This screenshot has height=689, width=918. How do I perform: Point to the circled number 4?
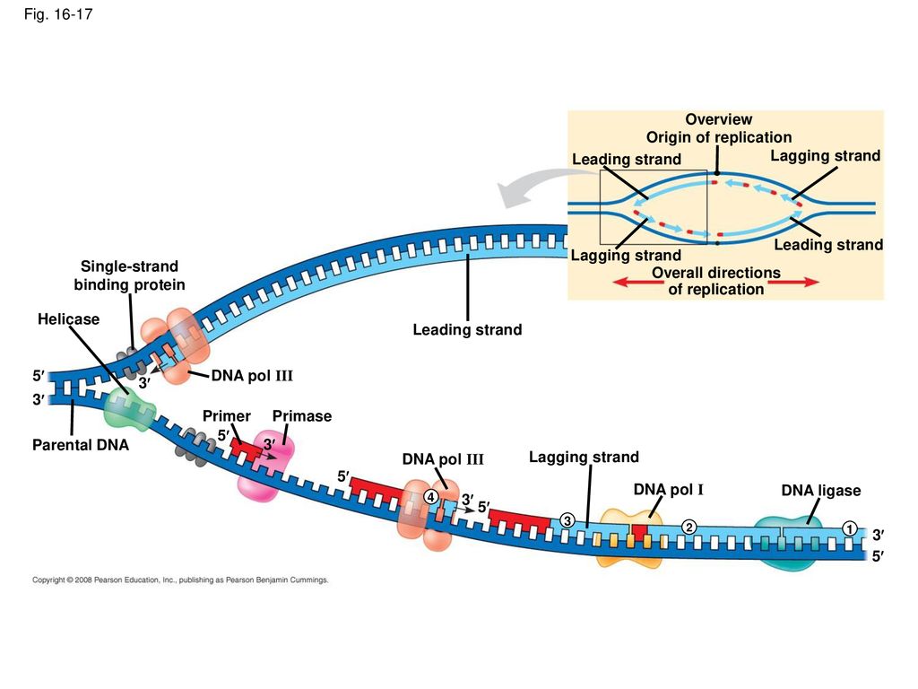coord(430,497)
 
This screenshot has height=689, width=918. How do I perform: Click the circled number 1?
coord(850,528)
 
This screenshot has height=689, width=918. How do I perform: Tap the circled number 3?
coord(567,519)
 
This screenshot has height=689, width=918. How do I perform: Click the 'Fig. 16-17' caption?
coord(58,14)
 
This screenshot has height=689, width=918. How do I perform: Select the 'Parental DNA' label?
coord(80,445)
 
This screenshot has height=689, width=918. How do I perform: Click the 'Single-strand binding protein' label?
coord(129,275)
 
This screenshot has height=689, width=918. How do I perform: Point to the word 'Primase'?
coord(302,416)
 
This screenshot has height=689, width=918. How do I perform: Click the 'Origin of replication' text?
coord(719,137)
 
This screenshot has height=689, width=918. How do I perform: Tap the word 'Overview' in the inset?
coord(719,119)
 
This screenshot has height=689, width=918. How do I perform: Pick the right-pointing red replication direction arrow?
coord(793,282)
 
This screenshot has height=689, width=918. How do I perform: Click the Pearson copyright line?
coord(180,580)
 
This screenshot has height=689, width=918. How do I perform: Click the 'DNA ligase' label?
coord(821,491)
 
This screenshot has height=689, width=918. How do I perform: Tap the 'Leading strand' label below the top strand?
coord(467,330)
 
